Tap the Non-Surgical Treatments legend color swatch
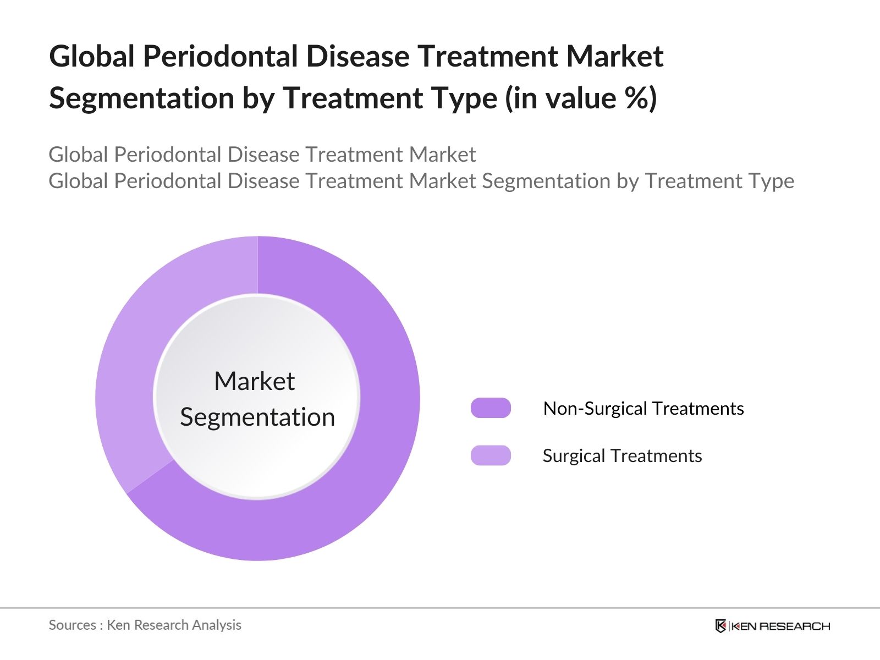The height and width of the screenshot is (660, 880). tap(491, 408)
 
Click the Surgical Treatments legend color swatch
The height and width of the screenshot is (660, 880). tap(491, 455)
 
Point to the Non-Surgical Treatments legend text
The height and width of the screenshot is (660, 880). tap(643, 408)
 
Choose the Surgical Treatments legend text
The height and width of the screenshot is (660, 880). tap(622, 455)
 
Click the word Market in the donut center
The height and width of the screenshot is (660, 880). tap(254, 381)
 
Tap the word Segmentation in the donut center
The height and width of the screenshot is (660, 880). tap(257, 417)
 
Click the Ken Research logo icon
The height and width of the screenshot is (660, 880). tap(721, 626)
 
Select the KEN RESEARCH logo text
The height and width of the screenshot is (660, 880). tap(780, 626)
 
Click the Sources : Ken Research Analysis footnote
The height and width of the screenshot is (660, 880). tap(145, 625)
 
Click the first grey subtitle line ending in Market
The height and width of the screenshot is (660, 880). tap(262, 155)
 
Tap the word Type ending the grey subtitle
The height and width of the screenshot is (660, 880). tap(774, 182)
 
